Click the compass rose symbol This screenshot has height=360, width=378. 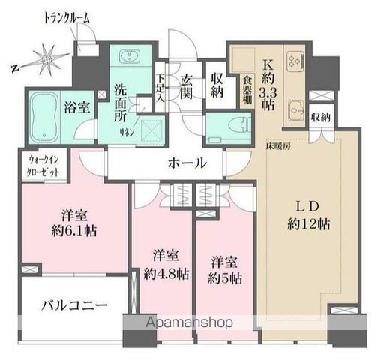[46, 58]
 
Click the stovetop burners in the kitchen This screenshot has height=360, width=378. [292, 59]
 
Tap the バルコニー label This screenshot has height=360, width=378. [73, 306]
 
